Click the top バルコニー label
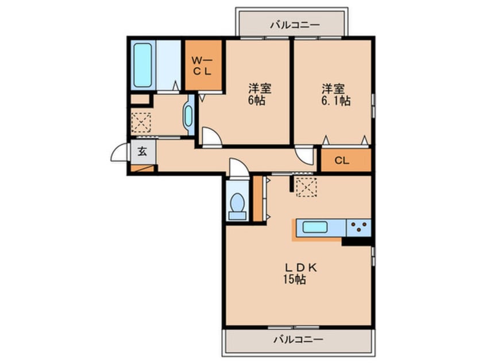294,25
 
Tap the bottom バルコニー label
298,339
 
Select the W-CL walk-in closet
202,65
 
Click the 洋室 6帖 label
259,95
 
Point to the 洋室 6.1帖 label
334,95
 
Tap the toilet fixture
236,204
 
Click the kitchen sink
315,228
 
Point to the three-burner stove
358,228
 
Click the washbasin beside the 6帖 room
188,115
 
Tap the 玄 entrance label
141,153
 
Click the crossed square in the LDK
307,187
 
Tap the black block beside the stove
356,242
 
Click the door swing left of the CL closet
304,157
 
